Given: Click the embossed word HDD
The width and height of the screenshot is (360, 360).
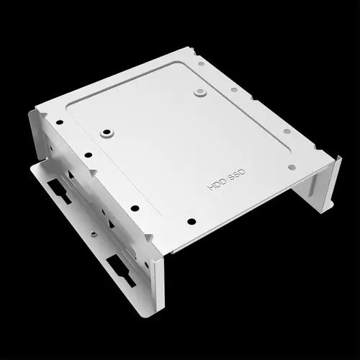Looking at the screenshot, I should [x=216, y=183].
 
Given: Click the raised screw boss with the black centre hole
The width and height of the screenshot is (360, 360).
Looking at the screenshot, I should [x=107, y=133].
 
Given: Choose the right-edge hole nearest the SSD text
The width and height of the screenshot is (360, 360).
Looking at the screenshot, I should [x=292, y=166].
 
